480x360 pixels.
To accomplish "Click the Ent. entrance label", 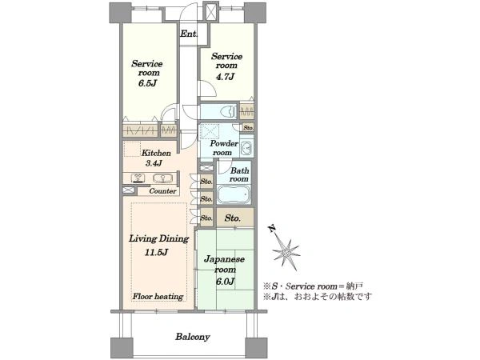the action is (189, 34).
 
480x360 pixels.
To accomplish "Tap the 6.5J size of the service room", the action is (147, 83).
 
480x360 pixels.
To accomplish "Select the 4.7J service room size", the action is (225, 77).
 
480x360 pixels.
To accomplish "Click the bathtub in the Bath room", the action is (234, 194).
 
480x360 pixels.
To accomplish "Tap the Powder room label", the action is (224, 148).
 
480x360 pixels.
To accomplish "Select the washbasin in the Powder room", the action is (246, 149).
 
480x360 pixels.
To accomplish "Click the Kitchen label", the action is (156, 153).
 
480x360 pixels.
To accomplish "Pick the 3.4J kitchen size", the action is (154, 163).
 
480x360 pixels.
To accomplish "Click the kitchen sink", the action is (162, 178).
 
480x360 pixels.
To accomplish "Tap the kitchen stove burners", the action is (138, 178).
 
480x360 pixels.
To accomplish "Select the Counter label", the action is (162, 191).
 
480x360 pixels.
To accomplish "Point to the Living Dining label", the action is (158, 238).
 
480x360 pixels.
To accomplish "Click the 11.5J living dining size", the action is (156, 252).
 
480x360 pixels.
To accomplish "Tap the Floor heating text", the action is (158, 296).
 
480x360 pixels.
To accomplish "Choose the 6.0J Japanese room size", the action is (225, 281).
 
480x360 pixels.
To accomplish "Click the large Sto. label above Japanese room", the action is (233, 218).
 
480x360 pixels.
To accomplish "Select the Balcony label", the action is (193, 337).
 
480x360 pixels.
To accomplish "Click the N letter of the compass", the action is (271, 228).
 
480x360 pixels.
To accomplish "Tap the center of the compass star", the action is (286, 253).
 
